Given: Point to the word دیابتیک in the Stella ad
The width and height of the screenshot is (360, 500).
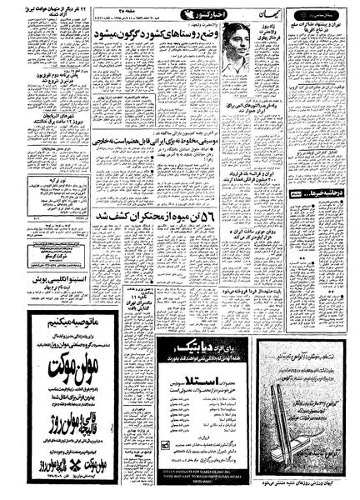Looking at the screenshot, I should tap(191, 319).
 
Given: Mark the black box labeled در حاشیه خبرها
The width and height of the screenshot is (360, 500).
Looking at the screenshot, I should tap(322, 192).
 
